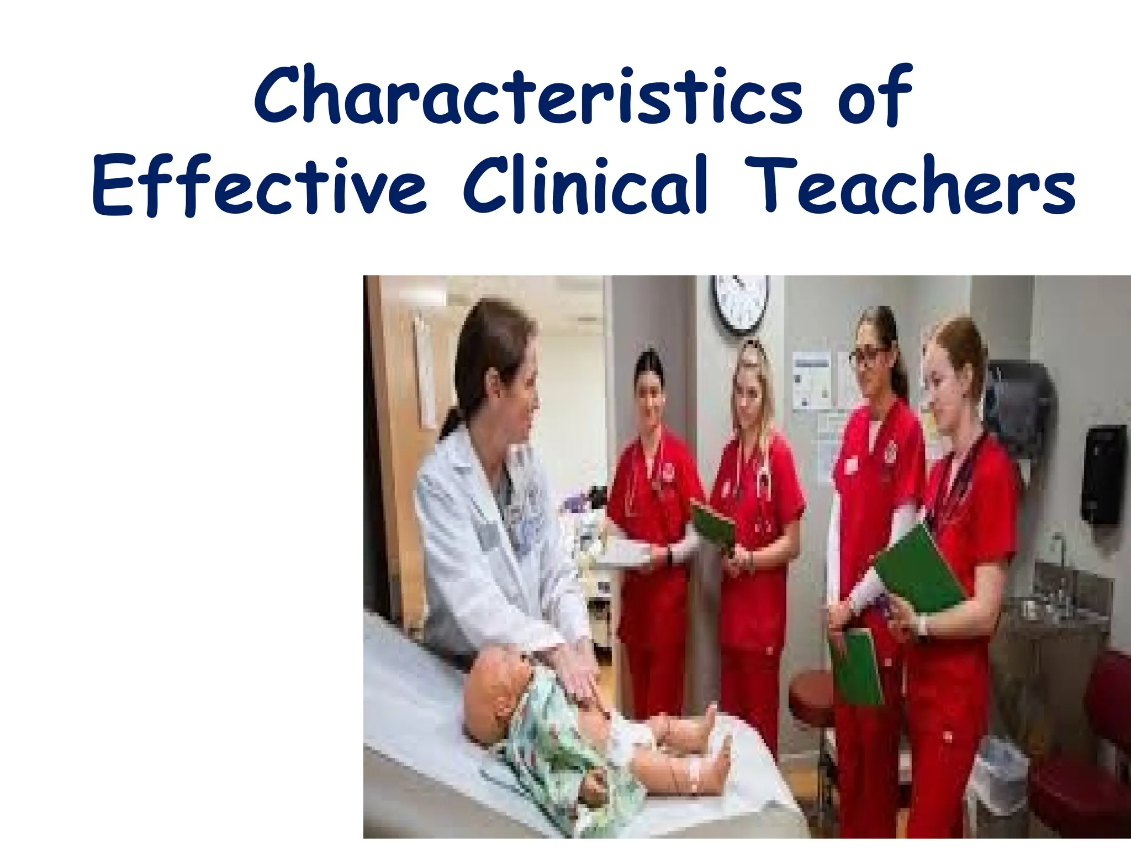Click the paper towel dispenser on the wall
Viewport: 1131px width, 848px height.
1019,403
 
